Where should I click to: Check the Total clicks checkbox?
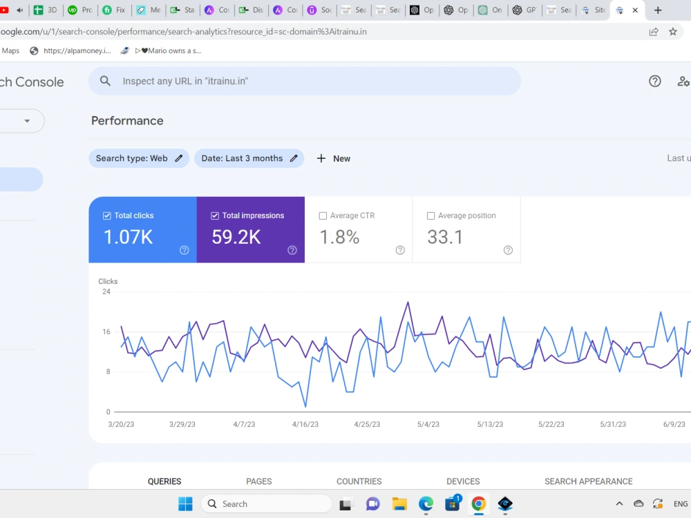pos(106,215)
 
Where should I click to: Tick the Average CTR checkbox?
pos(323,215)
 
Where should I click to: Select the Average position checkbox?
pos(431,215)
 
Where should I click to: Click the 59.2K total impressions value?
pos(236,237)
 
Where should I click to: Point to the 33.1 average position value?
pos(445,237)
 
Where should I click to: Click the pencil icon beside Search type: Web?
pos(178,159)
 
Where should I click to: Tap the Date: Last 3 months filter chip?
pos(249,159)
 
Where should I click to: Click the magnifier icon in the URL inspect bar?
pos(105,81)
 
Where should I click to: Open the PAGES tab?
pos(259,481)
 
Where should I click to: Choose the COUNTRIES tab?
pos(359,481)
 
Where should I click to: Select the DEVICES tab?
pos(463,481)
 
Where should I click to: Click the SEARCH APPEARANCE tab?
pos(588,481)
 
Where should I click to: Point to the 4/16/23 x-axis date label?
pos(305,424)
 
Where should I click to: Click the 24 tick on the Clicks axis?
pos(106,291)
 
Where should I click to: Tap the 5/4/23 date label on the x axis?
pos(428,424)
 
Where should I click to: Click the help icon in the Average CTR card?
pos(400,250)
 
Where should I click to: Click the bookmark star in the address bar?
pos(673,32)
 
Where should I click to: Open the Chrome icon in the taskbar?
pos(479,503)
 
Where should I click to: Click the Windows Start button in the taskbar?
pos(185,503)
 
